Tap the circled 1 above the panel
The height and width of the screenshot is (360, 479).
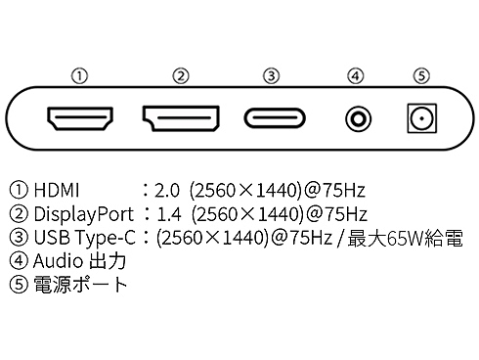[84, 75]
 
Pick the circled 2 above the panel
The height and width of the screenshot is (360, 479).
[180, 75]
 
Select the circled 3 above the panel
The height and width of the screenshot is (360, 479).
[272, 75]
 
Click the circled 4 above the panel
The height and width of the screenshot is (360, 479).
[358, 75]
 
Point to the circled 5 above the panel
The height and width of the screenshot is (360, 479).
[420, 75]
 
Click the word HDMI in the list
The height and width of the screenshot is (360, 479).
[56, 190]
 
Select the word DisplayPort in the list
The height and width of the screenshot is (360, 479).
[83, 213]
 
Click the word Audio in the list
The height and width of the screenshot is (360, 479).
[55, 261]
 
